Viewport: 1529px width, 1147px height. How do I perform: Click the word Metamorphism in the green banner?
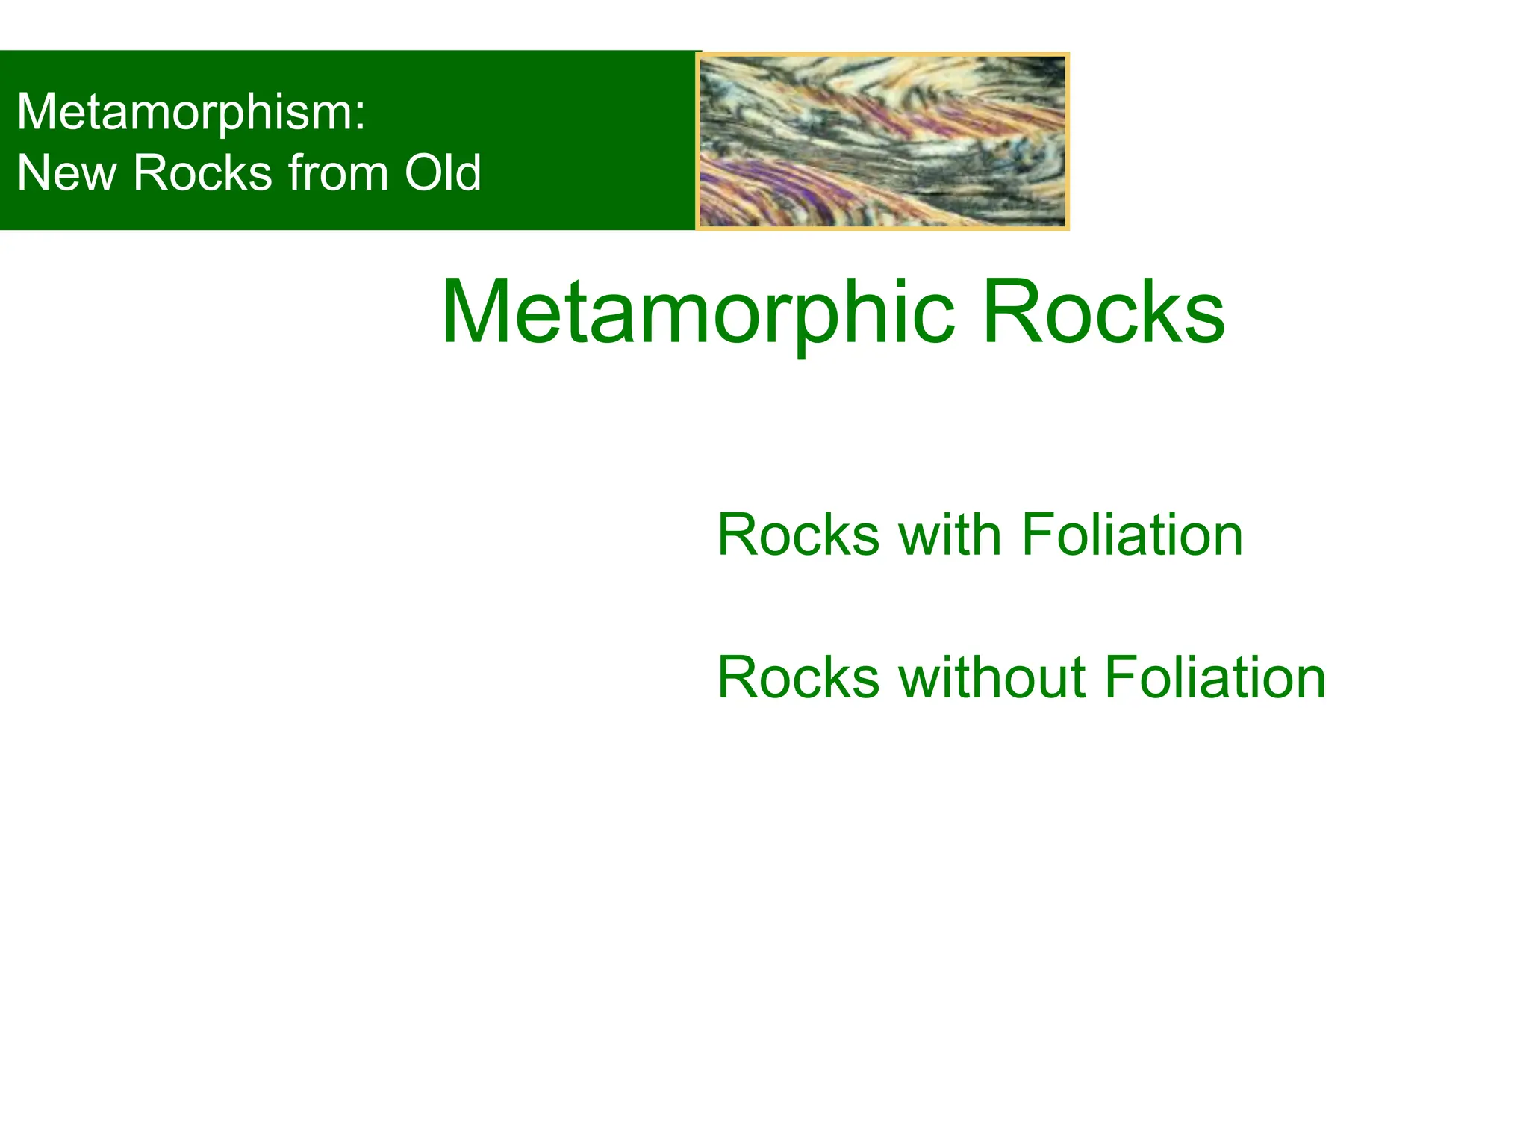click(x=184, y=112)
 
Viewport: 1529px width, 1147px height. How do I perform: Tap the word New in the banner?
click(x=66, y=173)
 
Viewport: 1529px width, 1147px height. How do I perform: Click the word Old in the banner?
click(x=443, y=173)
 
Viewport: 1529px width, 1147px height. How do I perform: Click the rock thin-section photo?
click(x=882, y=141)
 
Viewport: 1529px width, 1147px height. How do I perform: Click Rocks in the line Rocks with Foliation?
click(x=798, y=535)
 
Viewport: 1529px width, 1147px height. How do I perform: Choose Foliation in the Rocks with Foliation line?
click(x=1132, y=535)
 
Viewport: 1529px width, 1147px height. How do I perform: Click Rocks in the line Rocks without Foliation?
click(x=798, y=678)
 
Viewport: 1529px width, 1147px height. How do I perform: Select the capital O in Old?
click(x=423, y=173)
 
